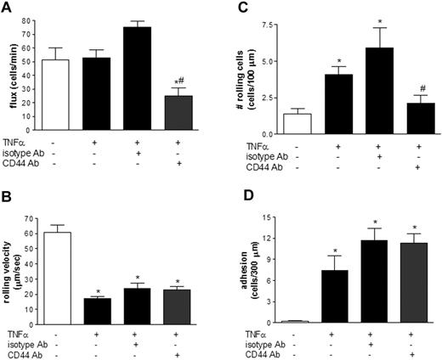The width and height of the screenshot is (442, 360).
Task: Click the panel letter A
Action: point(7,8)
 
